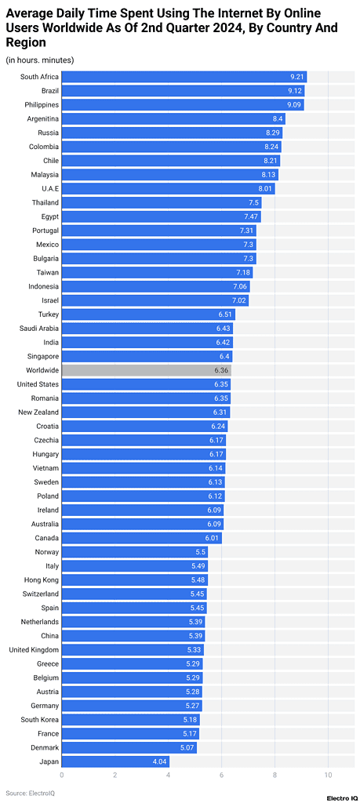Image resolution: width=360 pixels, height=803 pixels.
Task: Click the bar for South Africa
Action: tap(184, 77)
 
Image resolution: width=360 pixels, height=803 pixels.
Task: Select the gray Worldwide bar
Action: tap(146, 370)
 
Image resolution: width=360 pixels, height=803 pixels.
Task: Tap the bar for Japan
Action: tap(115, 761)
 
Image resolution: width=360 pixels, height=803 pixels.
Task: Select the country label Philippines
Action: tap(39, 105)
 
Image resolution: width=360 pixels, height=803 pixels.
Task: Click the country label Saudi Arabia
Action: tap(38, 328)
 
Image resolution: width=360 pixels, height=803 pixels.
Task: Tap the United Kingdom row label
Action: tap(34, 650)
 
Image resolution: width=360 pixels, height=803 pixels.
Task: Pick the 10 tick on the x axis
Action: tap(328, 776)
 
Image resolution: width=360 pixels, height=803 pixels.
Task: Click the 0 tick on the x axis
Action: tap(62, 776)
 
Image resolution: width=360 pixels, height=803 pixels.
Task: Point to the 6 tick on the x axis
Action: tap(221, 776)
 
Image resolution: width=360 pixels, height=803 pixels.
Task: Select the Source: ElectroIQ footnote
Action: tap(27, 793)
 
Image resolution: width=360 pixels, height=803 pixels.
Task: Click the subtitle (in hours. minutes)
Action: tap(40, 60)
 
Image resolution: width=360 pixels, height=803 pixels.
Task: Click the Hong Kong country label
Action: tap(42, 580)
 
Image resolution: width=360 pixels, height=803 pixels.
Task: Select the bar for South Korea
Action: tap(130, 720)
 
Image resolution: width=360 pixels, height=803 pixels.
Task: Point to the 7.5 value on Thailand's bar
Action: tap(254, 202)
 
